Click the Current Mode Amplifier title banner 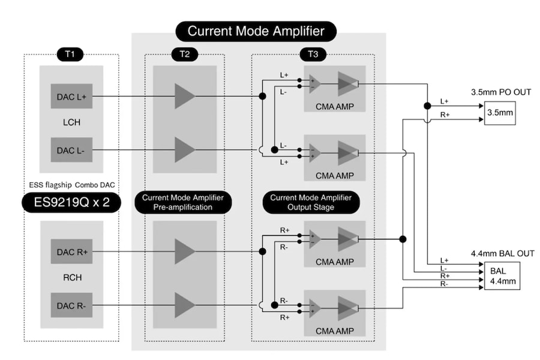point(256,31)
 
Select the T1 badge point(70,55)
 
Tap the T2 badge point(184,55)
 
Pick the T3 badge point(313,55)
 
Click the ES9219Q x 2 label point(71,203)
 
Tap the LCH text point(71,122)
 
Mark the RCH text point(71,278)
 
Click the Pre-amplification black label point(184,202)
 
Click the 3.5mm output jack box point(499,112)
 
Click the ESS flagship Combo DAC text point(71,184)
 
